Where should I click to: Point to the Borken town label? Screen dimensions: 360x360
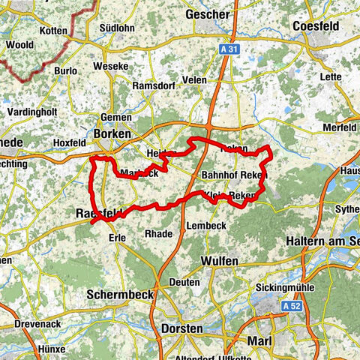click(x=112, y=134)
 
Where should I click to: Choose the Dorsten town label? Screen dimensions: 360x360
click(x=181, y=329)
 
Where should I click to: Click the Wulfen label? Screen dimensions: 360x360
click(x=220, y=260)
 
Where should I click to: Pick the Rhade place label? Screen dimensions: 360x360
click(x=158, y=233)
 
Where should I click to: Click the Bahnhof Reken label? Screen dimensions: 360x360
click(x=235, y=175)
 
